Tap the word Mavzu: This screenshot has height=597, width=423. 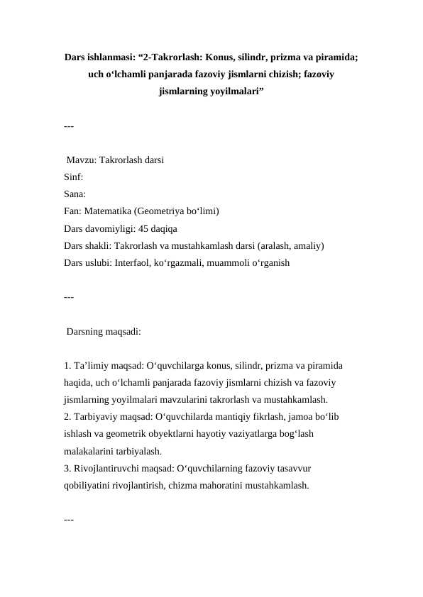[82, 160]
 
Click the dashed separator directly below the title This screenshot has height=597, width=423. [69, 126]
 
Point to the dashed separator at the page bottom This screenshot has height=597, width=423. [69, 520]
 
